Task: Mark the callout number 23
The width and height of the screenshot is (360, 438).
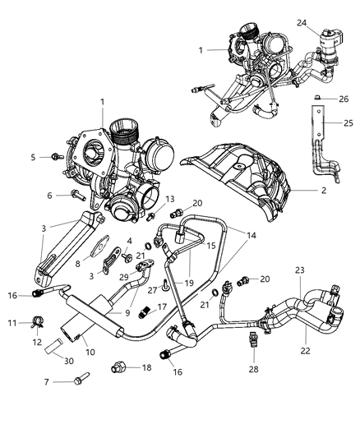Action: pyautogui.click(x=300, y=292)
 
